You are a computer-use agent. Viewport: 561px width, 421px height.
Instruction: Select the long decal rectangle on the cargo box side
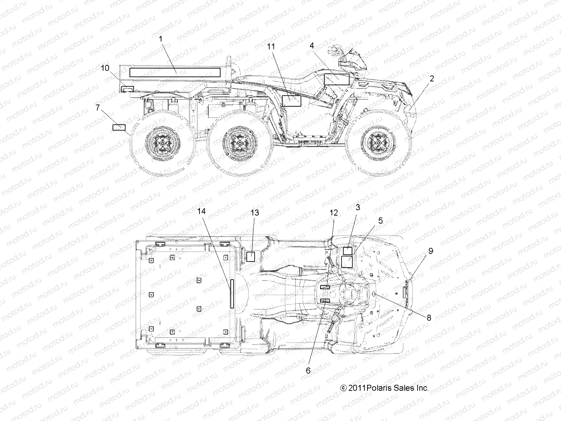[175, 73]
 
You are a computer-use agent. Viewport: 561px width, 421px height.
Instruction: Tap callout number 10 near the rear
[105, 68]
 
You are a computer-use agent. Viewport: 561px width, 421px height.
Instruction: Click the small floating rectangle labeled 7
[119, 127]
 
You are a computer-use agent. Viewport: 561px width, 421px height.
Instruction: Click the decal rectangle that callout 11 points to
[291, 101]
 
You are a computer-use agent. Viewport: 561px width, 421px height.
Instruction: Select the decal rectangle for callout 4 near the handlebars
[337, 80]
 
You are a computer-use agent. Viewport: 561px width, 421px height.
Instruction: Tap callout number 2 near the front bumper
[432, 79]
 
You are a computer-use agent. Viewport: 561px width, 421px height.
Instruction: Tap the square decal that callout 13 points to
[250, 256]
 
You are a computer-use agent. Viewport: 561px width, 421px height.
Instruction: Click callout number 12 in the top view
[333, 213]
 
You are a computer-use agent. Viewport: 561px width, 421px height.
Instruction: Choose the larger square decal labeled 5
[347, 262]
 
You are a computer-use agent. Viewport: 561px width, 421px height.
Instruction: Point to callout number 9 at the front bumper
[431, 251]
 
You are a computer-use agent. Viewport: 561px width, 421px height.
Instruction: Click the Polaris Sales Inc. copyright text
[384, 388]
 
